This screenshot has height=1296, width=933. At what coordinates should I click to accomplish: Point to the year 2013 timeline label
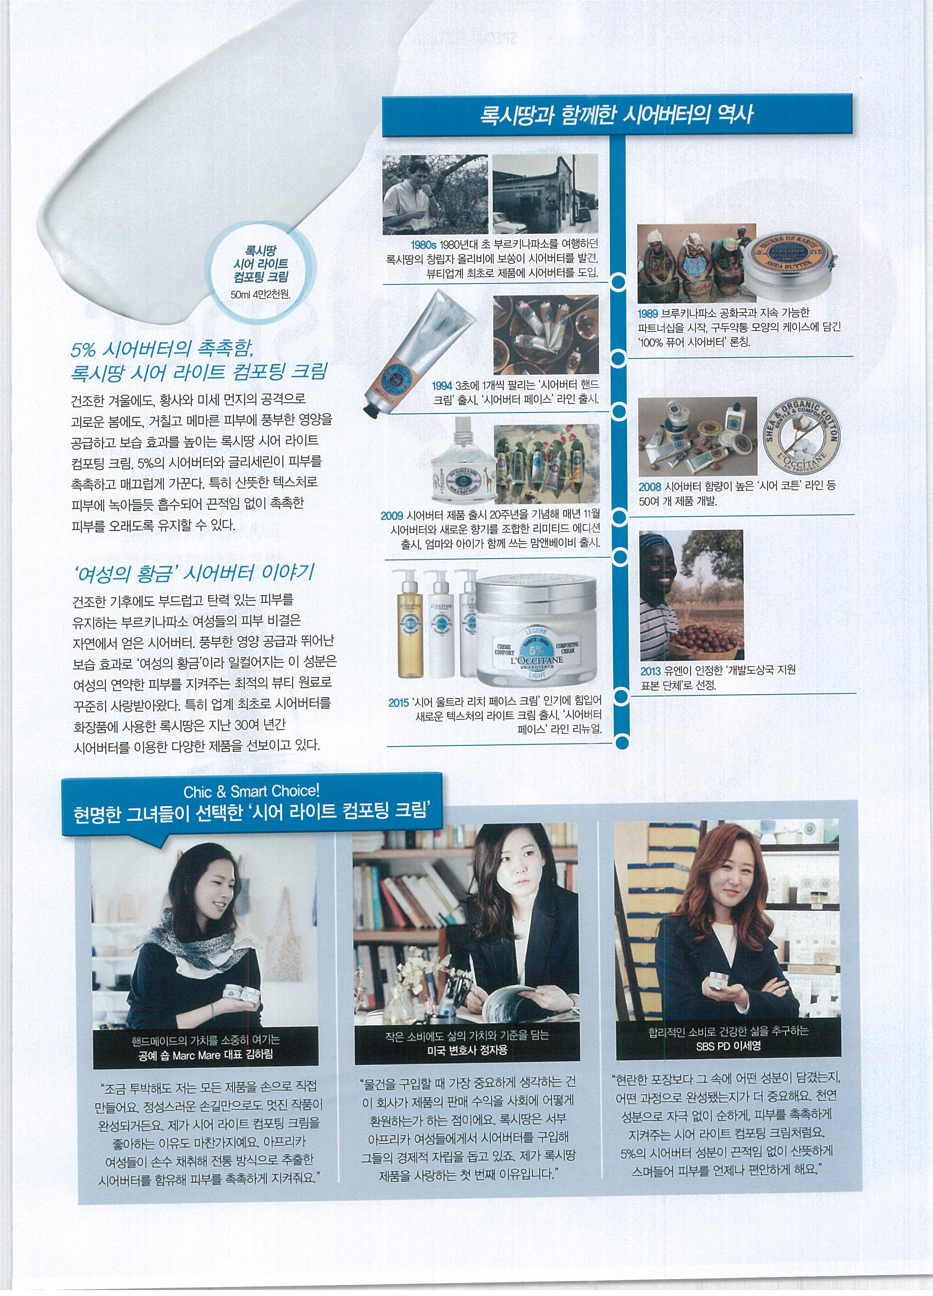(650, 670)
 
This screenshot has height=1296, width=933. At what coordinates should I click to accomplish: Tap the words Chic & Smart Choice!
(251, 791)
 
